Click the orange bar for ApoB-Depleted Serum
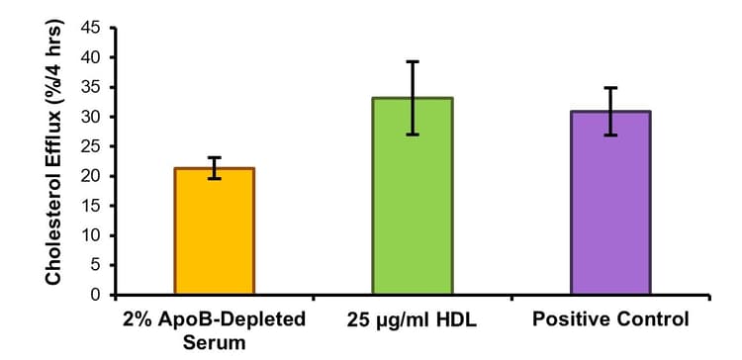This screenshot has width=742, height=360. coord(215,231)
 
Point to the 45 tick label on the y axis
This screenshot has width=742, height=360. coord(91,28)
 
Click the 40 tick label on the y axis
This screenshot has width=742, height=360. coord(91,57)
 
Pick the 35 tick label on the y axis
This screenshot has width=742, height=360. coord(91,87)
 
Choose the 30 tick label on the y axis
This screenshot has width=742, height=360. coord(91,117)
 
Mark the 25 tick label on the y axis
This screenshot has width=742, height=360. coord(91,146)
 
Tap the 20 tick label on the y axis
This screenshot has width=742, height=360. coord(91,176)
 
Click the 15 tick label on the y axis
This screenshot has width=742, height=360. coord(91,206)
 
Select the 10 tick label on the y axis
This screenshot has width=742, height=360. coord(91,235)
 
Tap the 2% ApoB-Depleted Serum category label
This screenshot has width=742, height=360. coord(215,330)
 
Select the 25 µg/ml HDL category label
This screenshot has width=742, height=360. coord(413,320)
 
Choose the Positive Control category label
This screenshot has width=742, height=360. coord(610,320)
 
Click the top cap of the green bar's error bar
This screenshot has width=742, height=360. coord(413,61)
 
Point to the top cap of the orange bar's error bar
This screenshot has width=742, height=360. coord(215,157)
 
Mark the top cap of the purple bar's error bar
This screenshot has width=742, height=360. coord(610,87)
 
